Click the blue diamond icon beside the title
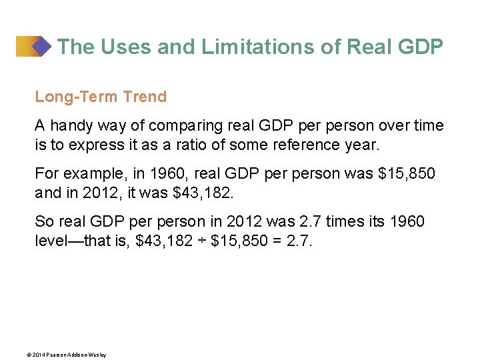(41, 46)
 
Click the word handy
(72, 125)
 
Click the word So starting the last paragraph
(43, 221)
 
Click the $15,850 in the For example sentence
(407, 173)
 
